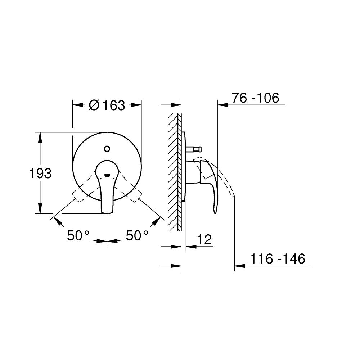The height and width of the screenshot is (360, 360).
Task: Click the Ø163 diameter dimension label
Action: pyautogui.click(x=107, y=105)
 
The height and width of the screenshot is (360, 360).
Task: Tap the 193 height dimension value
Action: pyautogui.click(x=40, y=174)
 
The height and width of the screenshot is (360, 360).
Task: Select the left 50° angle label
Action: pyautogui.click(x=78, y=235)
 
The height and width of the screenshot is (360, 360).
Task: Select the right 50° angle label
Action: pyautogui.click(x=137, y=235)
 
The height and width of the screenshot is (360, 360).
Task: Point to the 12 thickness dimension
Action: pyautogui.click(x=204, y=240)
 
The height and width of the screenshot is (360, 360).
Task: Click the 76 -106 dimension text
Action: pyautogui.click(x=255, y=98)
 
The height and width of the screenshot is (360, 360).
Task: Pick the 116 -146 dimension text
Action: pyautogui.click(x=278, y=259)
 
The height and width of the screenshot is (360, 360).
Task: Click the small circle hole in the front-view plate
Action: pyautogui.click(x=107, y=149)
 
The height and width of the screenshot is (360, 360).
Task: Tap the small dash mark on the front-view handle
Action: pyautogui.click(x=107, y=176)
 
